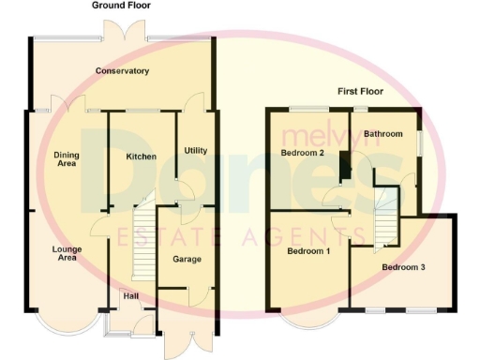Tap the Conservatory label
[x=122, y=70]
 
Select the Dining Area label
[x=66, y=160]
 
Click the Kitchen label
[x=141, y=157]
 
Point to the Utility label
[x=196, y=150]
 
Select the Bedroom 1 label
[x=308, y=252]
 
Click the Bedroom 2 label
[x=303, y=152]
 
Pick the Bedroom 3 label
[x=403, y=268]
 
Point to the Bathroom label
[x=383, y=134]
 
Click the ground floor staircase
[x=142, y=239]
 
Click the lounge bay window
[x=64, y=322]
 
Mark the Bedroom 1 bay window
[x=308, y=322]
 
